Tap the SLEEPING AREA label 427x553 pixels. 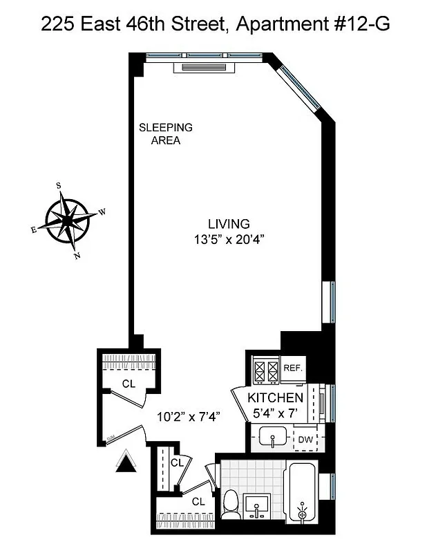click(166, 134)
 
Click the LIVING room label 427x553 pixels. click(229, 223)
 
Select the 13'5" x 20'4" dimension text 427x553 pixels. click(229, 240)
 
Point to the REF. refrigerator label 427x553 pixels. click(293, 368)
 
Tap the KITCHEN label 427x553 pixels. click(276, 398)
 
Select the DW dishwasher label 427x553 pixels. click(305, 439)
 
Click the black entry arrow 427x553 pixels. click(127, 462)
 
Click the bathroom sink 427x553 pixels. click(258, 505)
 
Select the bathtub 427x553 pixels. click(302, 497)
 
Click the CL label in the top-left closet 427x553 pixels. click(129, 383)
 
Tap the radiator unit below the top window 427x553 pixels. click(207, 67)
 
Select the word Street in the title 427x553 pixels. click(196, 26)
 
